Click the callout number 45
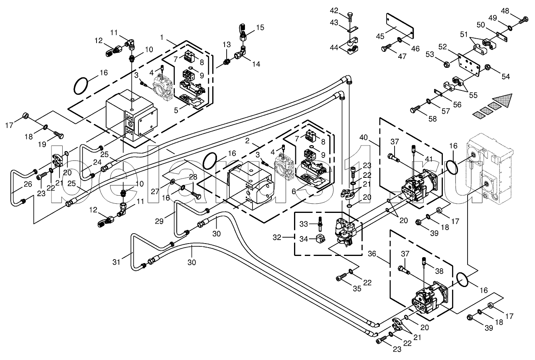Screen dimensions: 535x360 (380, 37)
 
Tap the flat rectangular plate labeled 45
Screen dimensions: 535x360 (400, 26)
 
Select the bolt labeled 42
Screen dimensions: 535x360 (350, 16)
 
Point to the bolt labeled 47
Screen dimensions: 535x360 (387, 47)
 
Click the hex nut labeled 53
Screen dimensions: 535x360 (446, 64)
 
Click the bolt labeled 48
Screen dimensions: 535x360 (524, 20)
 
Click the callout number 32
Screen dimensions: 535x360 (277, 238)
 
